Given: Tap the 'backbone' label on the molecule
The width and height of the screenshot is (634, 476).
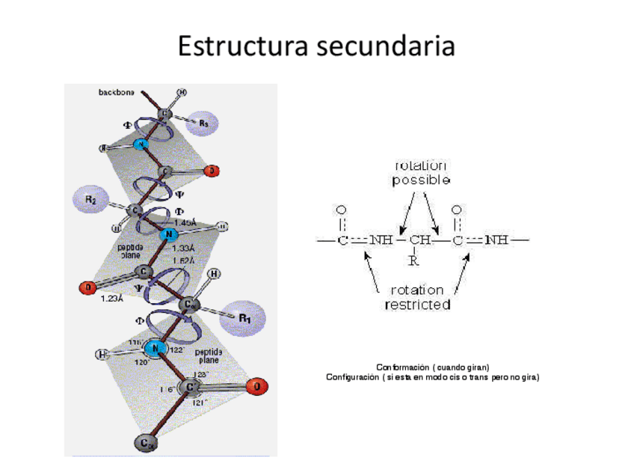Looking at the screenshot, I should coord(117,93).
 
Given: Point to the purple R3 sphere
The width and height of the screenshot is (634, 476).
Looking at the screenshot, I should coord(203,123).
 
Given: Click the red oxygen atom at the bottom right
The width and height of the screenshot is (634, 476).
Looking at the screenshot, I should coord(256,387).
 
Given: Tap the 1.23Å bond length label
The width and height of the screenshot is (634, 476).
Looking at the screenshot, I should coord(113,299).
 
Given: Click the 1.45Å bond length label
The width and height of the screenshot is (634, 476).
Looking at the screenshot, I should coord(185,222).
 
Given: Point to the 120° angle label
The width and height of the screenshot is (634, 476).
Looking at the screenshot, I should coord(142,361).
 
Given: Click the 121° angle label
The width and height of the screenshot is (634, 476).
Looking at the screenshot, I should coord(200,403).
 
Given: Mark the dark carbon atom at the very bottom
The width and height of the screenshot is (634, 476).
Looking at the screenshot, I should coord(144,443).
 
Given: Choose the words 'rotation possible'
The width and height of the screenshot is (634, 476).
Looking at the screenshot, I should coord(422,173).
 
